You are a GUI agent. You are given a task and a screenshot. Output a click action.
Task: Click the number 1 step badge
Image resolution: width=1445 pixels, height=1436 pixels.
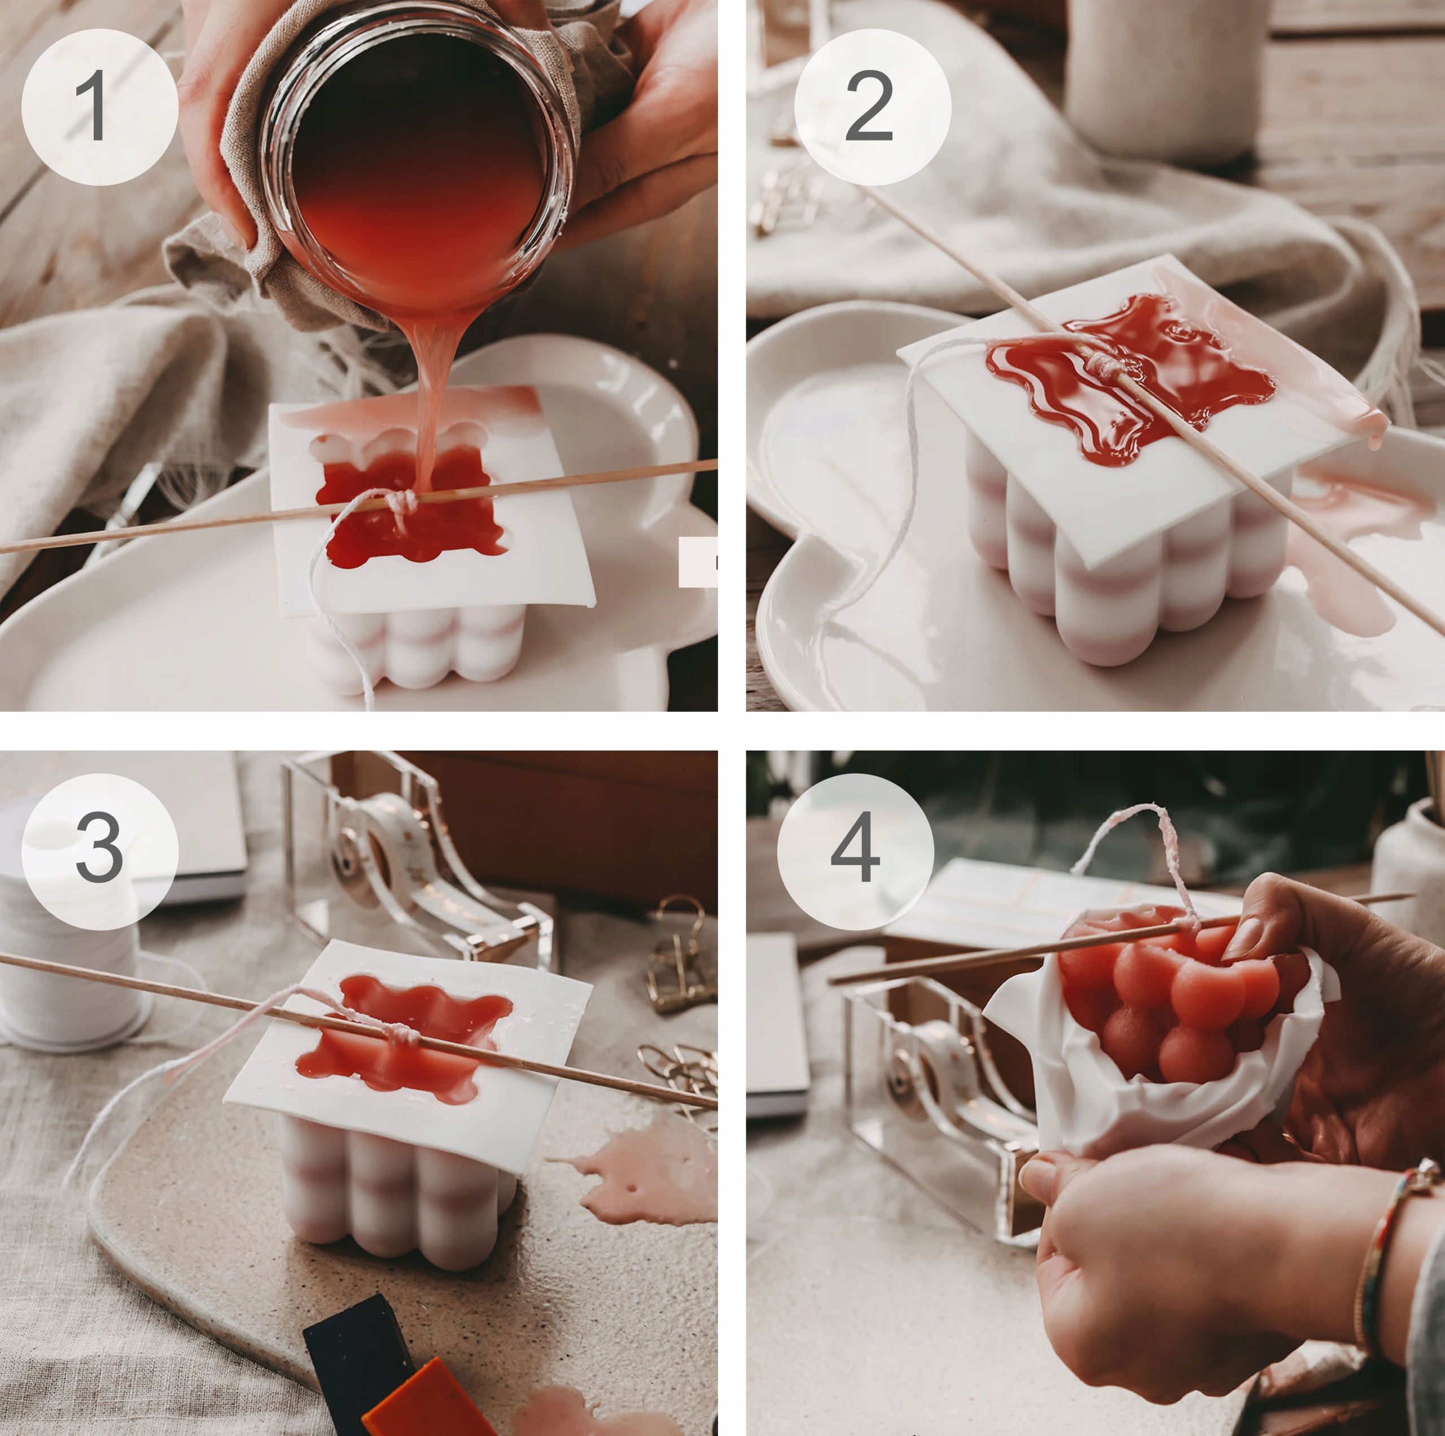tap(99, 107)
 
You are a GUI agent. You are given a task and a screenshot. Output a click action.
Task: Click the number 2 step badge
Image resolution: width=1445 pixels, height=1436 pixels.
tap(872, 107)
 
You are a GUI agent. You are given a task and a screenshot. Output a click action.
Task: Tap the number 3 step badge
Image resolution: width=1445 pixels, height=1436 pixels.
tap(99, 851)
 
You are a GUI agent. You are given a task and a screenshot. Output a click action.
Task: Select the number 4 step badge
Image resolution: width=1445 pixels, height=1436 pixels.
tap(856, 851)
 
